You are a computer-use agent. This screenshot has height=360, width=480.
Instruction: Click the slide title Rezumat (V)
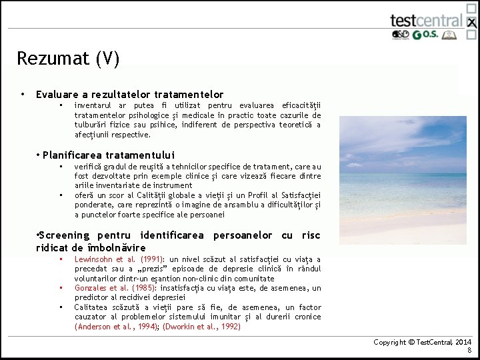click(x=68, y=59)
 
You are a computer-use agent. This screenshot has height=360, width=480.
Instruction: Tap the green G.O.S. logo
click(x=425, y=35)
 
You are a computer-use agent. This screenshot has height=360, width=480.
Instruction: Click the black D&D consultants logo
click(x=400, y=35)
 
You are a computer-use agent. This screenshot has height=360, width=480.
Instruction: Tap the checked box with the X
click(x=471, y=22)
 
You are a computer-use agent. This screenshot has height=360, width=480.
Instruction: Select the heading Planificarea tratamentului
click(x=109, y=155)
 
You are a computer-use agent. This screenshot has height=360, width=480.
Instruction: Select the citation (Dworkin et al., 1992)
click(x=201, y=327)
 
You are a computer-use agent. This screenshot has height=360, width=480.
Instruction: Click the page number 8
click(x=469, y=350)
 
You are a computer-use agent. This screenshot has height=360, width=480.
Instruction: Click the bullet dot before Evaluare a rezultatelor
click(x=23, y=94)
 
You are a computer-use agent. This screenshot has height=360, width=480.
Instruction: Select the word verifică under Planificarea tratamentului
click(x=89, y=166)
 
